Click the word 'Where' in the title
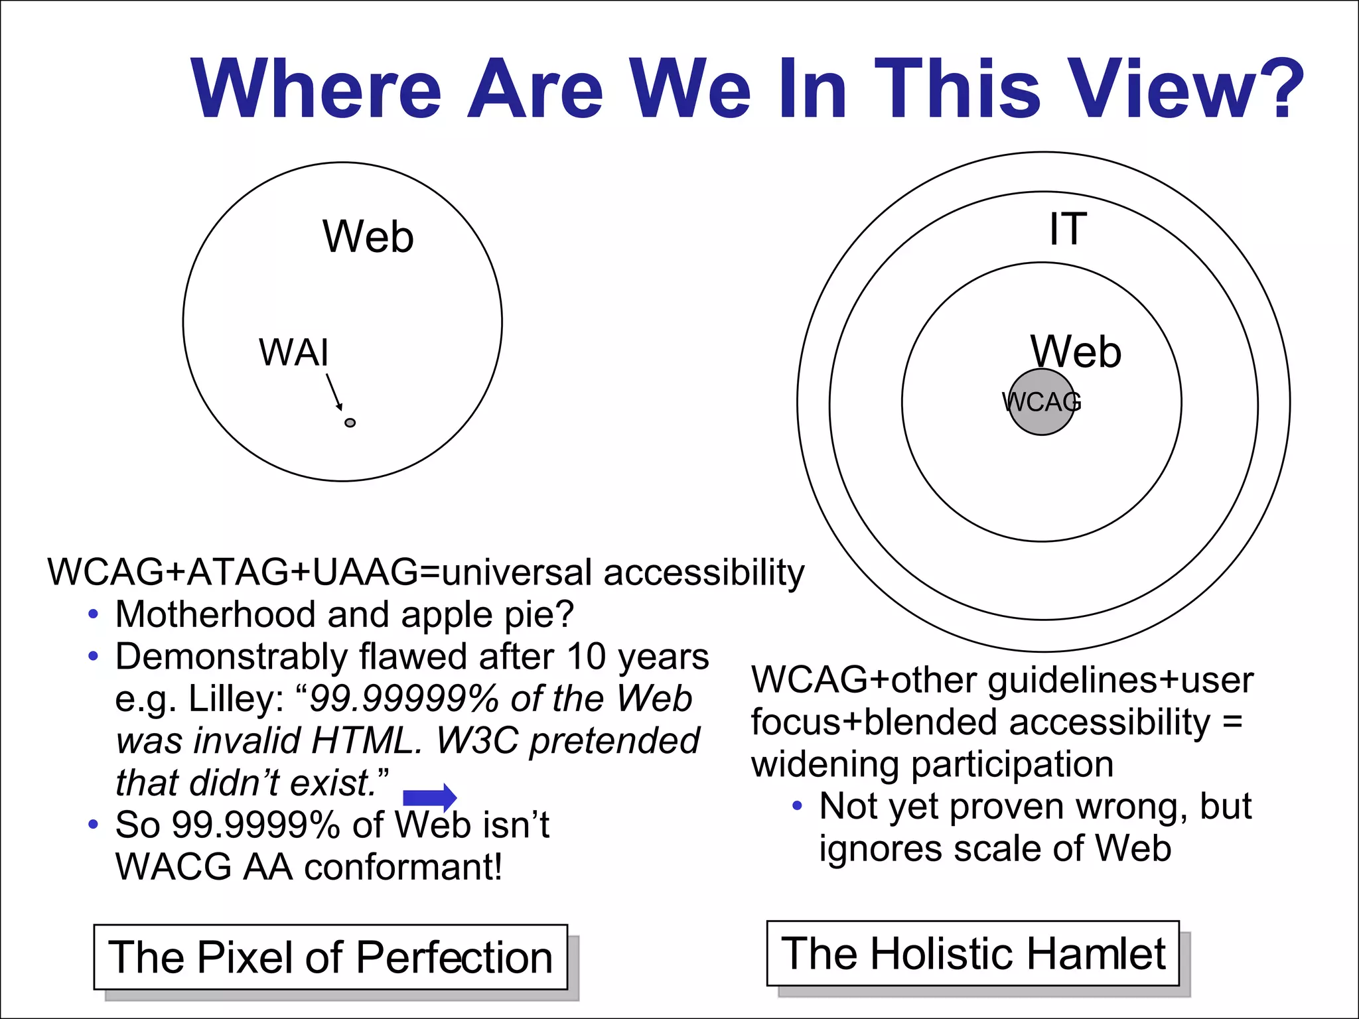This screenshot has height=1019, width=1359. [316, 90]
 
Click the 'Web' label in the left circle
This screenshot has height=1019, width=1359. [368, 237]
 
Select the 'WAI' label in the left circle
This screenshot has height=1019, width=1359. [293, 353]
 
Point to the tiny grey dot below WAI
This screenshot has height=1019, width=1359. [350, 423]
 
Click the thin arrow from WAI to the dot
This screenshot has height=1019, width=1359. [334, 391]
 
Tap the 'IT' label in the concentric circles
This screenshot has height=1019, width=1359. [1068, 230]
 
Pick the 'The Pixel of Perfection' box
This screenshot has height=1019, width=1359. [330, 957]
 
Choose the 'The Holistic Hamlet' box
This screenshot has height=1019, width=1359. [973, 953]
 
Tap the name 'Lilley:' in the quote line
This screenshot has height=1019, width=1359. [236, 699]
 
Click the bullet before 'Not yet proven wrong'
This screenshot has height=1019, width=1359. [797, 807]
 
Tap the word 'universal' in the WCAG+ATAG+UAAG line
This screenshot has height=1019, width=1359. [516, 573]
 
